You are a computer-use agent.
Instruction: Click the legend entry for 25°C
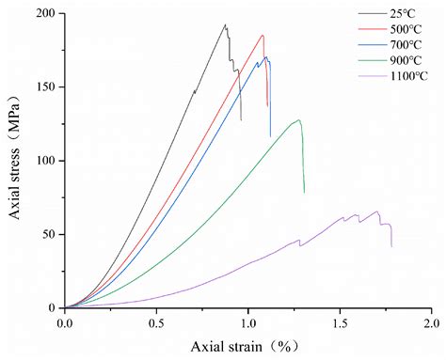tap(394, 13)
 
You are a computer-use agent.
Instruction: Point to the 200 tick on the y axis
tap(43, 14)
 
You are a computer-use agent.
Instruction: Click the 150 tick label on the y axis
tap(43, 87)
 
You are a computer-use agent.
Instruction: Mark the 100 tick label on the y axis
tap(43, 161)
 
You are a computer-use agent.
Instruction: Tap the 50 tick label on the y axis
tap(46, 234)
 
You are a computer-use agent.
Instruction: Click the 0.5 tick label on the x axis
tap(156, 322)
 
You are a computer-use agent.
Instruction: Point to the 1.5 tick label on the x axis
tap(340, 322)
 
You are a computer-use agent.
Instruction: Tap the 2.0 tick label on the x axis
tap(432, 322)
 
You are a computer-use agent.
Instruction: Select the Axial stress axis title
tap(16, 161)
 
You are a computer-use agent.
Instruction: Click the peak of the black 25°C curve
tap(225, 24)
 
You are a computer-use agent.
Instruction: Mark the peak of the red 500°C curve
tap(263, 36)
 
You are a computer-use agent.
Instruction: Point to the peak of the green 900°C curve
tap(299, 120)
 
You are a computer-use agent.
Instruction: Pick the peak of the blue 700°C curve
tap(266, 57)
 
